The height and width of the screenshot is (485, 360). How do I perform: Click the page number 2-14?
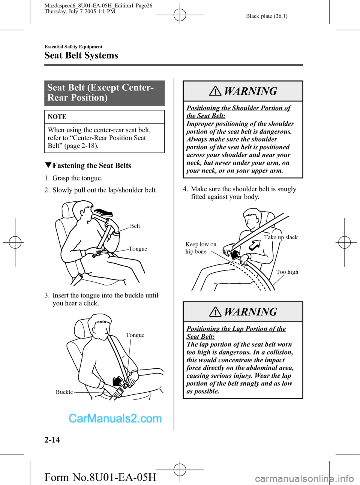tap(52, 439)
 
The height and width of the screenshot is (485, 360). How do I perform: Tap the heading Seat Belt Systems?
tap(81, 56)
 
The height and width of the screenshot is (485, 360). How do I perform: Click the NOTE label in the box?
tap(57, 117)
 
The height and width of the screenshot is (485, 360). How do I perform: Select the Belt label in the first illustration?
tap(135, 226)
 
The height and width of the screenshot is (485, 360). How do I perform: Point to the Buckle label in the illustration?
tap(64, 392)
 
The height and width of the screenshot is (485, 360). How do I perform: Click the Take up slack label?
tap(280, 237)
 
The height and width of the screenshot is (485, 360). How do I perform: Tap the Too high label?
tap(287, 272)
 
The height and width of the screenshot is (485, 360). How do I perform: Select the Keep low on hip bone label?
tap(201, 248)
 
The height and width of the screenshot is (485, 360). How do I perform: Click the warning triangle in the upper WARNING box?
tap(215, 91)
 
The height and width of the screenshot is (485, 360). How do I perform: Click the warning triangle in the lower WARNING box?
tap(215, 312)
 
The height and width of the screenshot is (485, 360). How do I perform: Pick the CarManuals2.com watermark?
tap(115, 418)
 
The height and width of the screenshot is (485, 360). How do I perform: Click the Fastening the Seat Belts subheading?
tap(92, 165)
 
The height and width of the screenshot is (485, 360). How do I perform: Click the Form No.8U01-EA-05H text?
tap(100, 477)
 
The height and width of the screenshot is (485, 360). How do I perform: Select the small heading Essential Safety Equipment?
tap(73, 47)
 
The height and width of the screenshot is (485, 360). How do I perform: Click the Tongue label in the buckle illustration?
tap(135, 335)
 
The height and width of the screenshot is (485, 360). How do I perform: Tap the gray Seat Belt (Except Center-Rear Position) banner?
tap(104, 93)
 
